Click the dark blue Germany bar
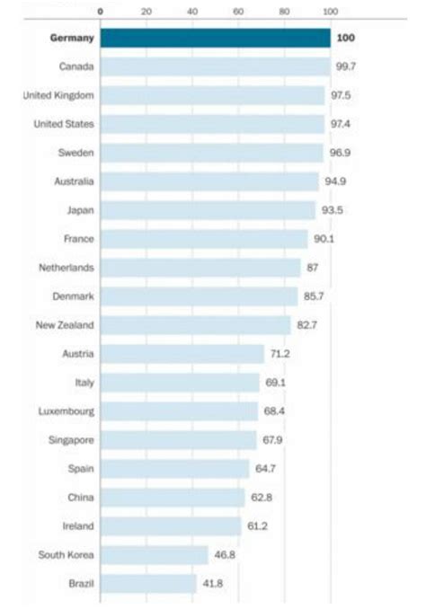pyautogui.click(x=215, y=38)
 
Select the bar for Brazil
pyautogui.click(x=148, y=584)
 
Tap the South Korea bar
pyautogui.click(x=154, y=555)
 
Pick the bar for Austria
pyautogui.click(x=182, y=354)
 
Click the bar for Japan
pyautogui.click(x=208, y=210)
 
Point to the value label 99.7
pyautogui.click(x=345, y=66)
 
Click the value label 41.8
pyautogui.click(x=212, y=584)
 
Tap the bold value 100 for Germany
pyautogui.click(x=345, y=38)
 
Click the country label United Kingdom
pyautogui.click(x=59, y=95)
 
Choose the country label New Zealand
pyautogui.click(x=65, y=325)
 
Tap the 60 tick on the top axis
pyautogui.click(x=238, y=13)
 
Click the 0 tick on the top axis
pyautogui.click(x=101, y=13)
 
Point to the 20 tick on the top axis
pyautogui.click(x=146, y=13)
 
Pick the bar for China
pyautogui.click(x=173, y=498)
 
